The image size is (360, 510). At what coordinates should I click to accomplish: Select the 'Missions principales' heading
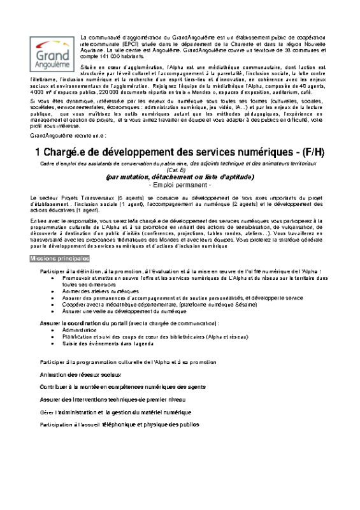click(60, 258)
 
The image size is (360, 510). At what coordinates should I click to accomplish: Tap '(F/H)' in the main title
click(310, 152)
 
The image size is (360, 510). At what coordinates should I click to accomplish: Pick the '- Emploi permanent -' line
click(179, 184)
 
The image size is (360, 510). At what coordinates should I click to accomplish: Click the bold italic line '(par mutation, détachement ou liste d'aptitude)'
click(180, 178)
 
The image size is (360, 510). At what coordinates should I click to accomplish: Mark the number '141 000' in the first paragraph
click(103, 56)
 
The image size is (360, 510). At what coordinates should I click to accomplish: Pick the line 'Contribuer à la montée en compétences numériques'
click(114, 386)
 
